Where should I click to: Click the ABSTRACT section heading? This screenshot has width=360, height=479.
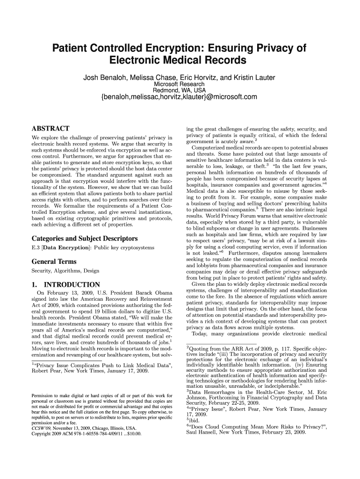[x=50, y=129]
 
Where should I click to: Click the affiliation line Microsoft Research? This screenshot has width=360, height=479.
[x=180, y=84]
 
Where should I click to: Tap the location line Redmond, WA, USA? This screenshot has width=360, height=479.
[x=180, y=90]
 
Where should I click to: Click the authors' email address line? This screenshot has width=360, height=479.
[x=180, y=97]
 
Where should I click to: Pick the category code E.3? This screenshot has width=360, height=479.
[x=35, y=247]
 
